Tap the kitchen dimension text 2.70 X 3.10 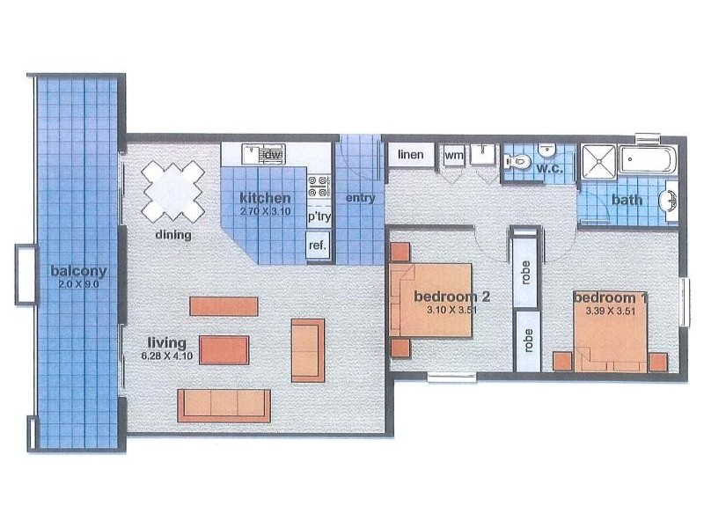265,211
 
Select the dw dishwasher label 273,156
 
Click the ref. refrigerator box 317,246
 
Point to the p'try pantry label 317,216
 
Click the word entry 360,198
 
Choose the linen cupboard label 411,156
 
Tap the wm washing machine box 454,156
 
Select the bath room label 627,200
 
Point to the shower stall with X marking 598,163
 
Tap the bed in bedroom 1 612,330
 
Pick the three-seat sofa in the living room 224,405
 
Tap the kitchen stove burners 317,187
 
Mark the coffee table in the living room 224,349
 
